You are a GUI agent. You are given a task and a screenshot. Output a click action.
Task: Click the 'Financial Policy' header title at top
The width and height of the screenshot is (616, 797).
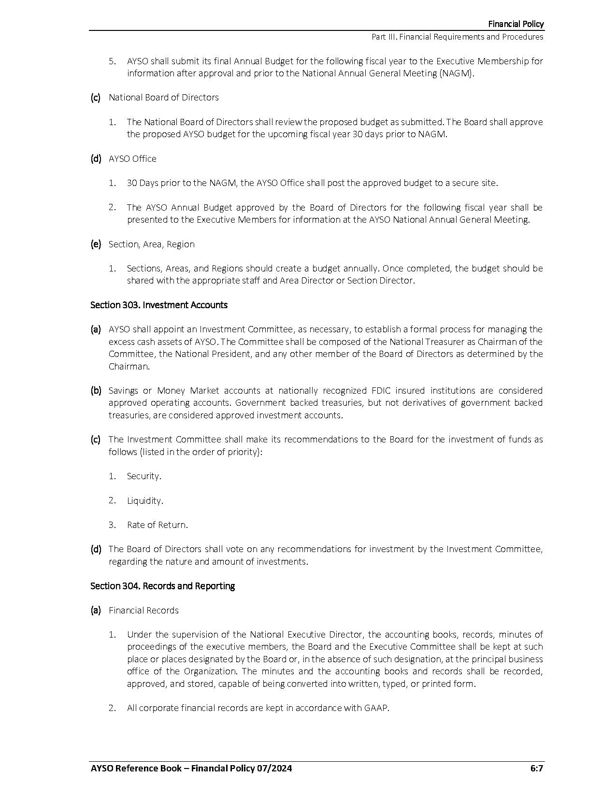click(x=516, y=24)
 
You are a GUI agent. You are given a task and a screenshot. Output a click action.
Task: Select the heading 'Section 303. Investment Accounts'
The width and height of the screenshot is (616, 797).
click(x=158, y=305)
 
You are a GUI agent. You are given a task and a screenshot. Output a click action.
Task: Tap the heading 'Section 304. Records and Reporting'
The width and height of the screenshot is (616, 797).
click(x=162, y=586)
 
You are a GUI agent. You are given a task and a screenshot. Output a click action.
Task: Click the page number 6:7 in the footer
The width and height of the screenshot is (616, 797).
click(x=536, y=769)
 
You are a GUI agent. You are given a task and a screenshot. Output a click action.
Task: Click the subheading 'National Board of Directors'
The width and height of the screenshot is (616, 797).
click(x=163, y=98)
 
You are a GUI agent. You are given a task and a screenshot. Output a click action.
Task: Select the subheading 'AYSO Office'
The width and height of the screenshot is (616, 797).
click(x=132, y=159)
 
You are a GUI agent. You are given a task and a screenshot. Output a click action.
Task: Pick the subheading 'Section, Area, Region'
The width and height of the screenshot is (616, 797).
click(x=151, y=244)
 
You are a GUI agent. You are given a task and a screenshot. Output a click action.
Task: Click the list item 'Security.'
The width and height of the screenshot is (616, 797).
click(x=144, y=476)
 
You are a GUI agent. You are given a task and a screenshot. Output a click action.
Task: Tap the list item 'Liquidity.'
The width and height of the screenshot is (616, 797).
click(x=145, y=501)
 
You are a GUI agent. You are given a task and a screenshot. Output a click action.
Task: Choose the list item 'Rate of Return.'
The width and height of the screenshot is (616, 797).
click(x=157, y=525)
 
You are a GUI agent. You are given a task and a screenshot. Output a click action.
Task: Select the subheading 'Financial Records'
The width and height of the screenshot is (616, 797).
click(x=143, y=611)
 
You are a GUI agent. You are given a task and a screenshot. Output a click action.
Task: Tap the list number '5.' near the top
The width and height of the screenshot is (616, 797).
click(x=112, y=61)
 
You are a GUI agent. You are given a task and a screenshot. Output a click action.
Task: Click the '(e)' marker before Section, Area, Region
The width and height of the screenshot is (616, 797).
click(x=96, y=244)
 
